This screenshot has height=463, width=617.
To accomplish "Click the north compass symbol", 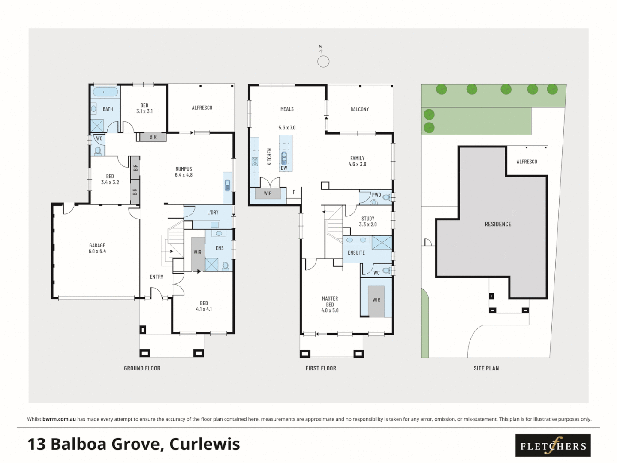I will point(323,60).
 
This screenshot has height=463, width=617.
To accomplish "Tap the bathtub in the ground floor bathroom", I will point(105,92).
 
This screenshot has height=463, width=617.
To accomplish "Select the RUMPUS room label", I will point(184,169).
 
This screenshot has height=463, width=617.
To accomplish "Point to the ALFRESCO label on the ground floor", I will point(202,108).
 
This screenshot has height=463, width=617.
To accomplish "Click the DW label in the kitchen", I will point(284,168).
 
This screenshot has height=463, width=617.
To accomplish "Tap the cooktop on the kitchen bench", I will point(255,162).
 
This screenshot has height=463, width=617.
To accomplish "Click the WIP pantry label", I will point(268,193).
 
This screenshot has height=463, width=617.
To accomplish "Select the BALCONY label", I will point(359,109).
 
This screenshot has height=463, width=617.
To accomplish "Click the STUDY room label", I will point(368,219).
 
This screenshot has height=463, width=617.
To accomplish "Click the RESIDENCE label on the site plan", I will point(498,224).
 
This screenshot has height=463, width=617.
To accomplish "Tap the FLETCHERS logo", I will point(553,446).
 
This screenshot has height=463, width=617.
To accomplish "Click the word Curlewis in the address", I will point(205,444).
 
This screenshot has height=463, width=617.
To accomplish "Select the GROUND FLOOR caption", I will point(142,368).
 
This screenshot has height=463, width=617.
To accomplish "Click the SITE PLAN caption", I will point(486,368).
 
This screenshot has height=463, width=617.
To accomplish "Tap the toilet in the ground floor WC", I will point(98,150).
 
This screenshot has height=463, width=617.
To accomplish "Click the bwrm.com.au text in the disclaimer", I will point(59,419).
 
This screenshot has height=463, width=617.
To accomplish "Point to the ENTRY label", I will point(157,277).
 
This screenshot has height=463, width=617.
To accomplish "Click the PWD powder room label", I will point(376,195).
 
